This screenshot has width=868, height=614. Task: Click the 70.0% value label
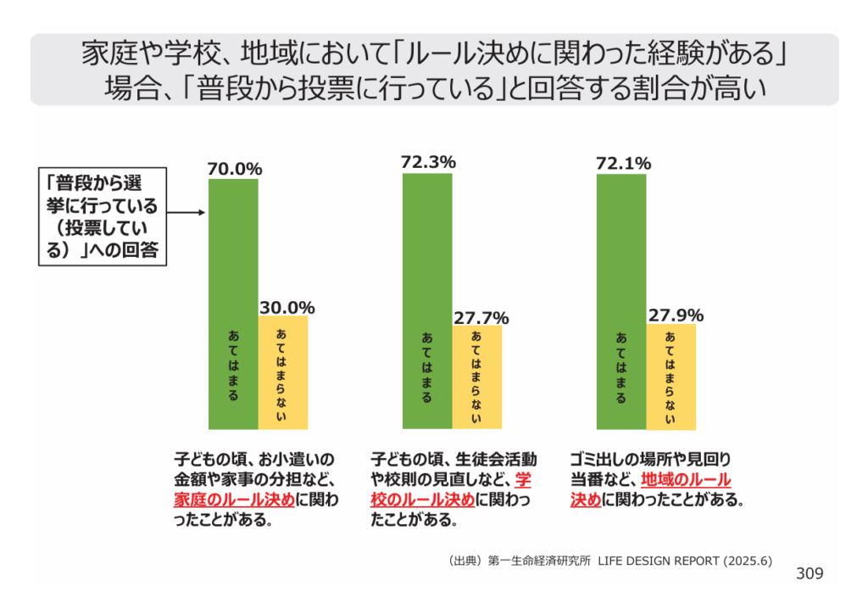coord(235,169)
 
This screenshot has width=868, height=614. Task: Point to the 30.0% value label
coord(287,307)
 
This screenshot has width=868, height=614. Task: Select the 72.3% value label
coord(429,161)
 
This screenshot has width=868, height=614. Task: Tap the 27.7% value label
coord(481,318)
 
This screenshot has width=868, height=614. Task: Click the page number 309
coord(810,574)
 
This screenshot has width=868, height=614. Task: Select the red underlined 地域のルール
coord(685,480)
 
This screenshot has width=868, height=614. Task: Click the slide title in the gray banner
coord(434,70)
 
